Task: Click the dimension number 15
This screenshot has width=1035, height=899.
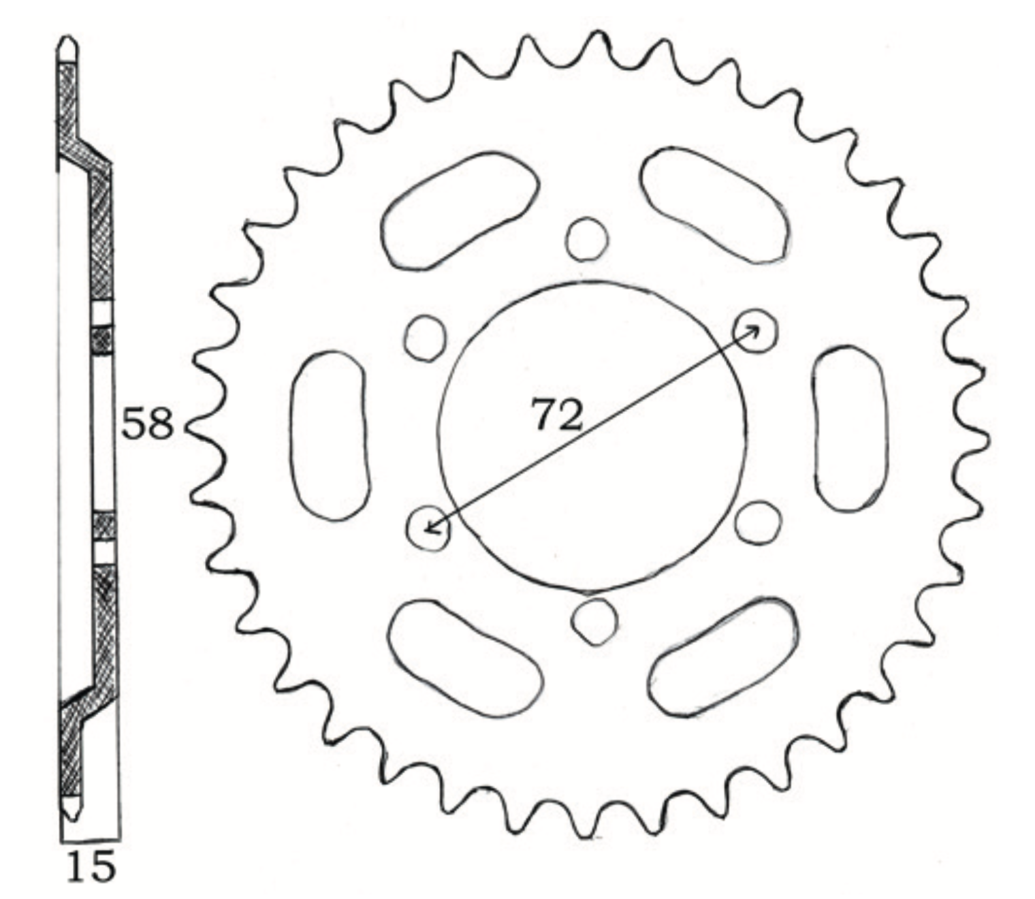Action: pyautogui.click(x=91, y=868)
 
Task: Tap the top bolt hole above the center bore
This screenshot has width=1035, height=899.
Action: pyautogui.click(x=586, y=239)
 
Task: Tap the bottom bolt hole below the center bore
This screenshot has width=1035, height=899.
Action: pyautogui.click(x=595, y=622)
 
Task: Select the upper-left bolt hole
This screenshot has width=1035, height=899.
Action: pyautogui.click(x=426, y=338)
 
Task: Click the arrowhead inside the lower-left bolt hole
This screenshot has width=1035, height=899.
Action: pyautogui.click(x=428, y=529)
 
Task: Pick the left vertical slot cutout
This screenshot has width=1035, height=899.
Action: pyautogui.click(x=328, y=436)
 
